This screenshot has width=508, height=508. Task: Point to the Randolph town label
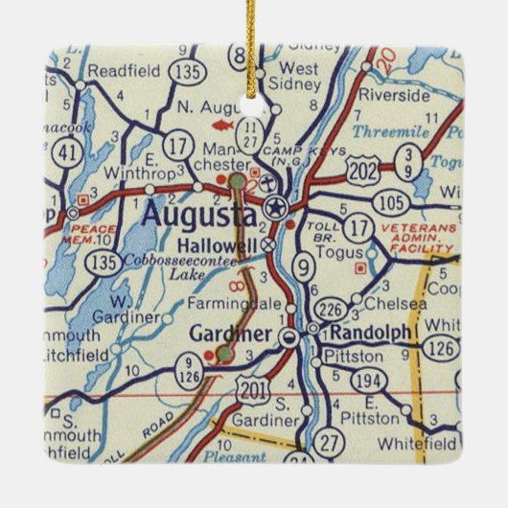click(x=372, y=332)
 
